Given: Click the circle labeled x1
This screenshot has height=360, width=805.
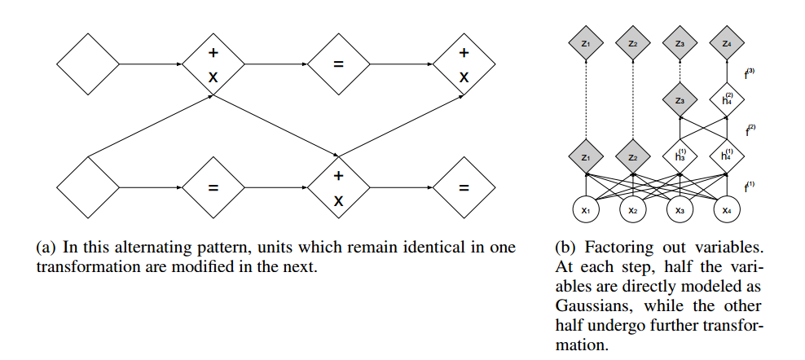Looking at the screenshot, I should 585,210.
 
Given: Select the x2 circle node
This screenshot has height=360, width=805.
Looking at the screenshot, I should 632,210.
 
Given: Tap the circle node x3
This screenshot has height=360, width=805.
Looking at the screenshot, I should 680,210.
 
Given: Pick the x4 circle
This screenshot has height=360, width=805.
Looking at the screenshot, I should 727,210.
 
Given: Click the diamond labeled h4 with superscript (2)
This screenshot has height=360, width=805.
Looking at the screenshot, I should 727,100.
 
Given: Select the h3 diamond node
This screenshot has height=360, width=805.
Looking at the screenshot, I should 680,155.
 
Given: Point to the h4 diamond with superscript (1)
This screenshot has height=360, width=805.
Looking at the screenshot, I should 727,155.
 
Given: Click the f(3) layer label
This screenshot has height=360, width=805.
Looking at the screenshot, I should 750,74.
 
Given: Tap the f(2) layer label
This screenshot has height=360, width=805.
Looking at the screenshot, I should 750,129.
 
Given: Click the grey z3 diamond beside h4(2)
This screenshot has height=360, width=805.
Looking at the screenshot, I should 680,100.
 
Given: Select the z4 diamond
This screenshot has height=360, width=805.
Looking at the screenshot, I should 727,43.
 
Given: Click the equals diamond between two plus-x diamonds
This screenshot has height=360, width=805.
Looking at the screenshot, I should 338,63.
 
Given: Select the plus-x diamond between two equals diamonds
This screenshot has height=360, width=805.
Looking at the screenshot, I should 338,187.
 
